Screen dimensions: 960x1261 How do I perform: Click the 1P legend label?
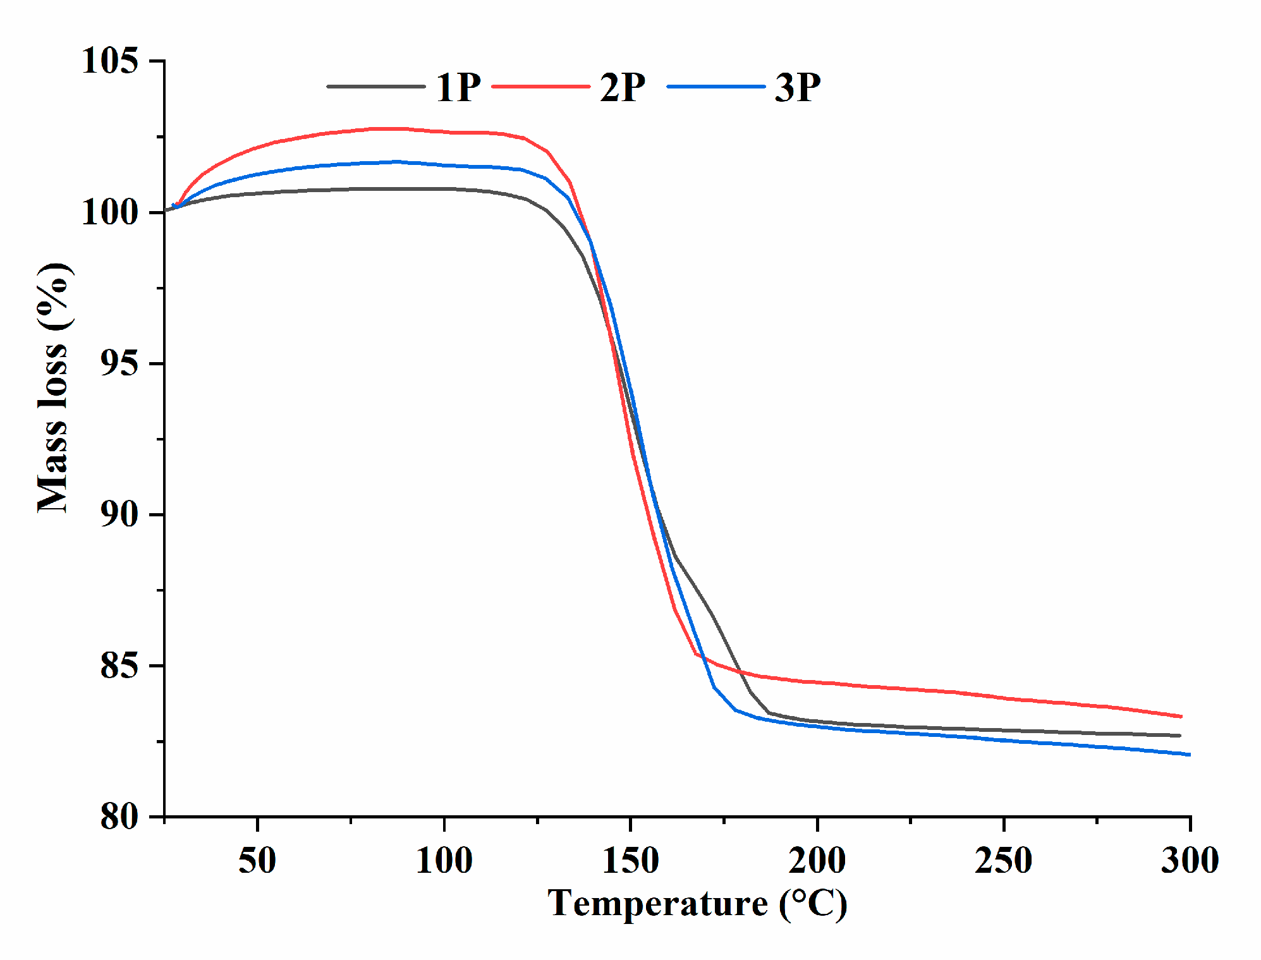[458, 87]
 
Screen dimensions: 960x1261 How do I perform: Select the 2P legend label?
[623, 87]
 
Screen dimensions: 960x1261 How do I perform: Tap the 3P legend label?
[798, 87]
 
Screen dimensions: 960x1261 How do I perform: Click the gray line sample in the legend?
[375, 87]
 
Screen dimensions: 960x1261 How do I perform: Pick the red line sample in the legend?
[540, 87]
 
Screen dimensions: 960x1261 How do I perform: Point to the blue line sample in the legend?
[716, 87]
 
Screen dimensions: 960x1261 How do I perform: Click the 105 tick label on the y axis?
[110, 61]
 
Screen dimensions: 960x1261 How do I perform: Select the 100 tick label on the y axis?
[110, 212]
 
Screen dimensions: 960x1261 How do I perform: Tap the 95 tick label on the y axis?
[119, 363]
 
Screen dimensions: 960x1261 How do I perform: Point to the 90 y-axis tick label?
[119, 514]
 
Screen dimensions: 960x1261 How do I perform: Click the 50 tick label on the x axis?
[257, 861]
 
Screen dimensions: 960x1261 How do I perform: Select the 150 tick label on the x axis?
[630, 861]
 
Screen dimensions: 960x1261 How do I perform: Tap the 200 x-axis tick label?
[817, 861]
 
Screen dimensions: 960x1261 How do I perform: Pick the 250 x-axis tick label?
[1003, 861]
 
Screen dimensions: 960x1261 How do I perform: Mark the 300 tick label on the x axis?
[1190, 861]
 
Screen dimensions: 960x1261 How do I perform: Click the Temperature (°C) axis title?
[697, 904]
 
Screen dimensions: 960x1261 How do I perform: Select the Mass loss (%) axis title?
[53, 387]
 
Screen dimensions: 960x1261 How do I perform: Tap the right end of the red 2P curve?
[1181, 716]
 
